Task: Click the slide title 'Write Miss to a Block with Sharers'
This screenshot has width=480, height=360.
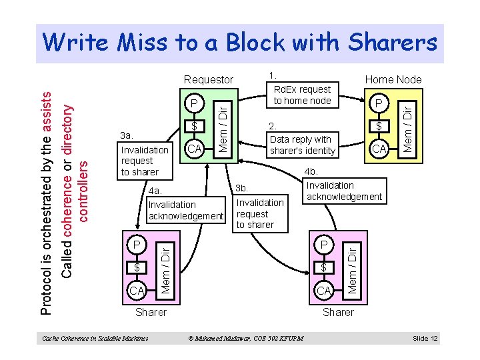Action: tap(239, 43)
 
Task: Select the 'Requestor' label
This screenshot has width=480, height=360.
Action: tap(209, 80)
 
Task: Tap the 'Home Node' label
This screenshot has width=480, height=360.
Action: tap(393, 80)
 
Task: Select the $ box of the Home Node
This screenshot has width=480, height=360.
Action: tap(379, 125)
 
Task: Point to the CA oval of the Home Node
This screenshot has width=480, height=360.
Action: tap(379, 148)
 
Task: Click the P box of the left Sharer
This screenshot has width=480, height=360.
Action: tap(137, 245)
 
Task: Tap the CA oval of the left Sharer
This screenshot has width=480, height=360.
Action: tap(137, 290)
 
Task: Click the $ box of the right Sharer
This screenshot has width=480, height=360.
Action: tap(323, 267)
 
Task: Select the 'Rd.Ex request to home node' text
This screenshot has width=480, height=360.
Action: tap(302, 95)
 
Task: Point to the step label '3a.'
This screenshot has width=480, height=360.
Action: tap(127, 135)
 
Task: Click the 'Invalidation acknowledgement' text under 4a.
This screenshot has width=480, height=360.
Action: tap(185, 210)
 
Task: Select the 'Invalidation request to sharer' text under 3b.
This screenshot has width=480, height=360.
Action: tap(260, 213)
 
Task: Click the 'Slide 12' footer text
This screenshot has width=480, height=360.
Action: tap(425, 339)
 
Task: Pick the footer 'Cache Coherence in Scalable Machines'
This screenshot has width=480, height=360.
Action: tap(95, 339)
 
